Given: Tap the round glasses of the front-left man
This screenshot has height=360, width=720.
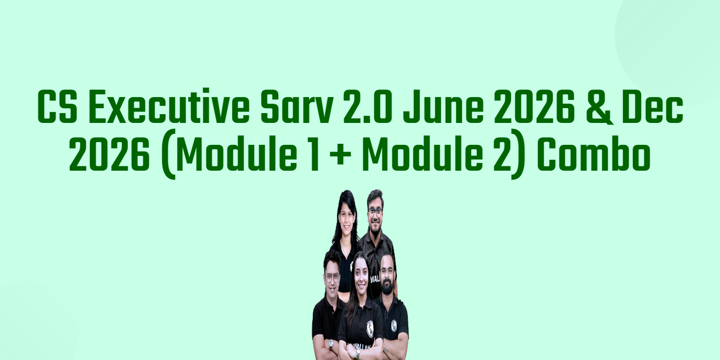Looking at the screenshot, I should pyautogui.click(x=332, y=277).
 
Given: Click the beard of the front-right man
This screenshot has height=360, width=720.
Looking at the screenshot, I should pyautogui.click(x=387, y=285).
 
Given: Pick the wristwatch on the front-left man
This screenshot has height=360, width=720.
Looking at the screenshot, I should pyautogui.click(x=331, y=345).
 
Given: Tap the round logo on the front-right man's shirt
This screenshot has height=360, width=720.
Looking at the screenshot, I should pyautogui.click(x=394, y=325).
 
